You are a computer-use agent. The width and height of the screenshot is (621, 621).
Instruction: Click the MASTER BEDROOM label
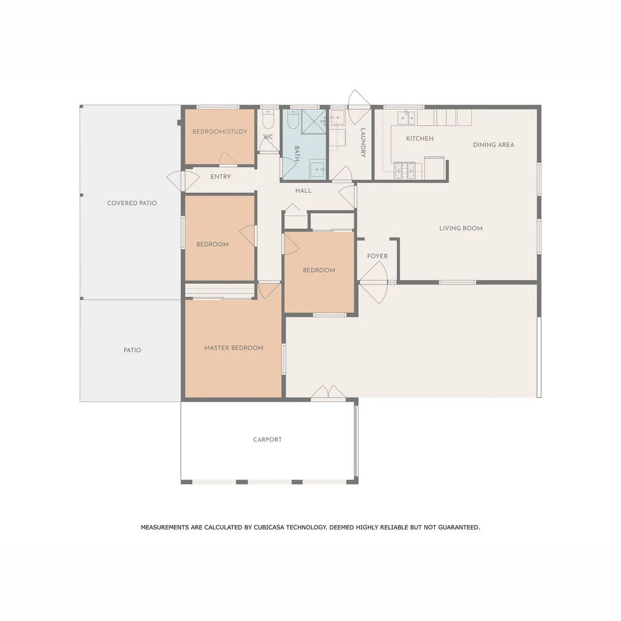(x=233, y=348)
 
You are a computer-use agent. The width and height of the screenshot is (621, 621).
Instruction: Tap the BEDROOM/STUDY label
(x=220, y=132)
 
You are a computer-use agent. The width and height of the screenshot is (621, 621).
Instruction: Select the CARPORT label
(x=267, y=440)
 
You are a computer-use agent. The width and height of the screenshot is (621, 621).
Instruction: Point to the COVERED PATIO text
(x=132, y=203)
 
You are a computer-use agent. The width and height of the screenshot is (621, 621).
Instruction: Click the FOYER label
(x=377, y=256)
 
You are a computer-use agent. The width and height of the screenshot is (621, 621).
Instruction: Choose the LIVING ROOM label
(x=461, y=228)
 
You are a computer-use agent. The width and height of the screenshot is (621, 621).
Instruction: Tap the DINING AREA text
(x=493, y=145)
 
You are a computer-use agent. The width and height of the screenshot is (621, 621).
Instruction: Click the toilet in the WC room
(x=268, y=120)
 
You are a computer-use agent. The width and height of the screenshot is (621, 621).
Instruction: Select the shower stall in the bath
(x=313, y=121)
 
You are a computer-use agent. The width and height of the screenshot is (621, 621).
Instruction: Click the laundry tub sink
(x=337, y=118)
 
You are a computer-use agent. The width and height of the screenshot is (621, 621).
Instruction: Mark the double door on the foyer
(x=374, y=282)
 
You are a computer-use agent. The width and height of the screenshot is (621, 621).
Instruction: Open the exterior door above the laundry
(x=359, y=101)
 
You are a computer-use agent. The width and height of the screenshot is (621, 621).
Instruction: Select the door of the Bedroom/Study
(x=228, y=159)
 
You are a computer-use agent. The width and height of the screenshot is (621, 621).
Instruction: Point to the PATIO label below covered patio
(x=132, y=350)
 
